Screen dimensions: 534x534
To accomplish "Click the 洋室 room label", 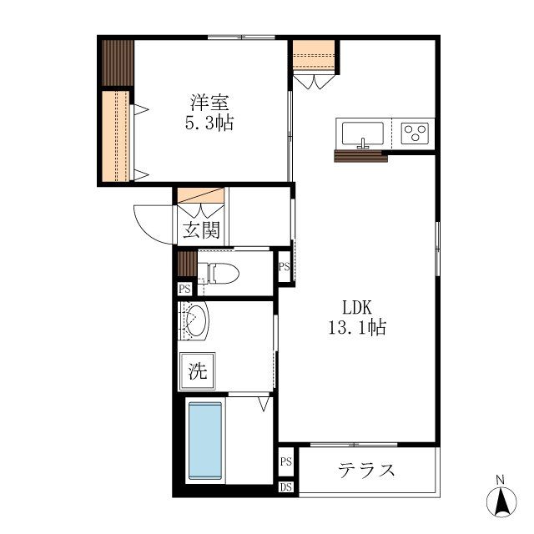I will (209, 103).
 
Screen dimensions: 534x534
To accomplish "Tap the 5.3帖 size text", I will (209, 123).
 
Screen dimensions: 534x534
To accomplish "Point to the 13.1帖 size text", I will (355, 327).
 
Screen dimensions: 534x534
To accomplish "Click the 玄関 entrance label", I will (201, 229).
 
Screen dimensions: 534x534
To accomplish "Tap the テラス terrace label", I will (366, 470).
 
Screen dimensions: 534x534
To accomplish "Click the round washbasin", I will (196, 321).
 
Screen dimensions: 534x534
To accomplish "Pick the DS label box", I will (285, 487).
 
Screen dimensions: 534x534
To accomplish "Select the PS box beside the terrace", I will (285, 461).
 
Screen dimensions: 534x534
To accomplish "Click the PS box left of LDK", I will (285, 267).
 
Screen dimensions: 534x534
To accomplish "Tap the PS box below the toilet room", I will (184, 289).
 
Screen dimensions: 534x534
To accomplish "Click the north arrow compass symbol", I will (501, 498).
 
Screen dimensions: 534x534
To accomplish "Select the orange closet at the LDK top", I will (315, 56).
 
